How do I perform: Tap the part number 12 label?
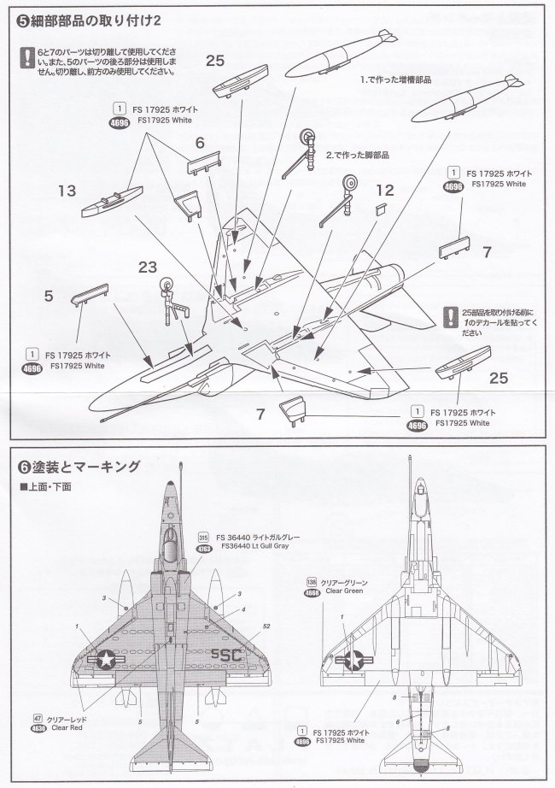[x=384, y=191]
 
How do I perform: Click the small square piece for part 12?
[x=380, y=208]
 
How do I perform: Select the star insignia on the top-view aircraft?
[x=106, y=657]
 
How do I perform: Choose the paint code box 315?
[x=203, y=536]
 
